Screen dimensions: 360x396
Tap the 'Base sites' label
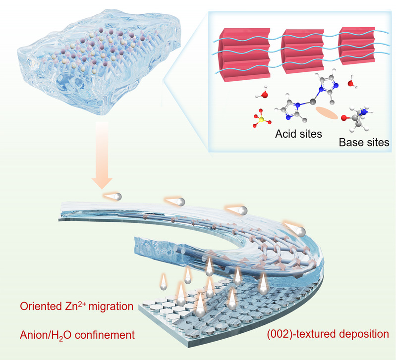coord(364,142)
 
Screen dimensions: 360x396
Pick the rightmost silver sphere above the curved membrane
coord(300,231)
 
